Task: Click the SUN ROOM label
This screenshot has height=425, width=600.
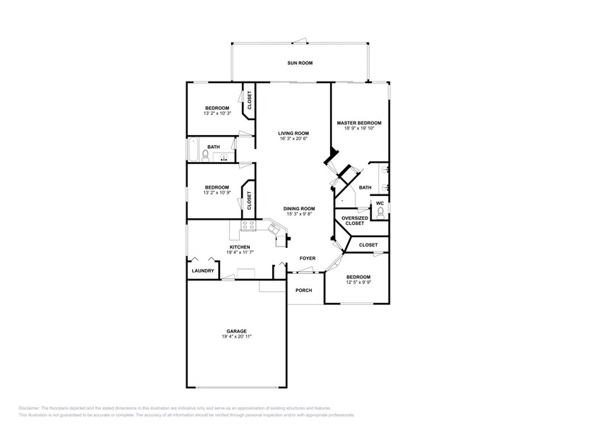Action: pyautogui.click(x=300, y=64)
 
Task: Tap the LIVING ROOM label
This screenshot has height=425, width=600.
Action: pyautogui.click(x=294, y=133)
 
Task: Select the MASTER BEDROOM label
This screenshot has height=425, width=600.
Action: pyautogui.click(x=359, y=123)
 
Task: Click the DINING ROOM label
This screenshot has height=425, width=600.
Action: pyautogui.click(x=299, y=208)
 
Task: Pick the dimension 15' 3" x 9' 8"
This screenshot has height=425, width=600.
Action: pyautogui.click(x=299, y=214)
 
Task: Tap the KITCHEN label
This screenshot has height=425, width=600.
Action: pyautogui.click(x=240, y=247)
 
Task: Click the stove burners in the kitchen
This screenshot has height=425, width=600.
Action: pyautogui.click(x=248, y=226)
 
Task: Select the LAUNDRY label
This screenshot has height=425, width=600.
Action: pyautogui.click(x=202, y=271)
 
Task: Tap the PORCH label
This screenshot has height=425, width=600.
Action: pyautogui.click(x=304, y=291)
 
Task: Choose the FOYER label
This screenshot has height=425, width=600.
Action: pyautogui.click(x=308, y=258)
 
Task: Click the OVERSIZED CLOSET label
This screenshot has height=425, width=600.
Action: pyautogui.click(x=355, y=220)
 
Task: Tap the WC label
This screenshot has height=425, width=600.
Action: pyautogui.click(x=380, y=203)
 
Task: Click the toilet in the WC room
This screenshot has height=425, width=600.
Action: pyautogui.click(x=381, y=212)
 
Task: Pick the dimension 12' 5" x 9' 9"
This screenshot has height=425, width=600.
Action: pyautogui.click(x=358, y=283)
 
